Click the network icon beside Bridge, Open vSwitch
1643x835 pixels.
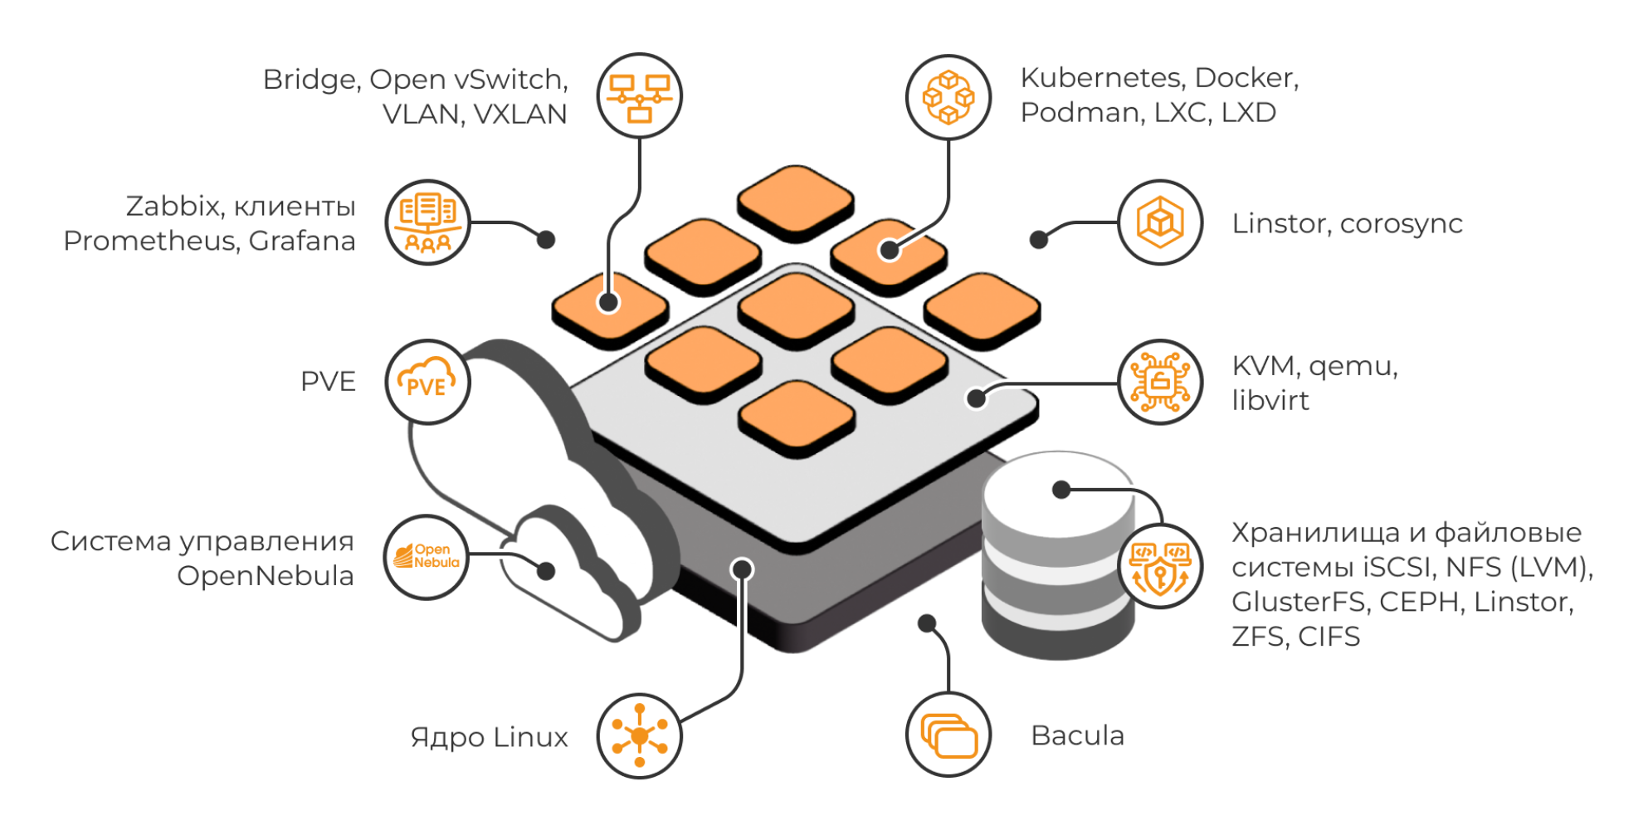click(x=639, y=96)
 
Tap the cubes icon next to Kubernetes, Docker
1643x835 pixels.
click(x=948, y=97)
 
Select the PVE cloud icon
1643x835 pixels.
click(x=428, y=382)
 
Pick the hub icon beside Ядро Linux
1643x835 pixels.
click(x=639, y=736)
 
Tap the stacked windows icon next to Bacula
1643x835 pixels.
click(x=948, y=735)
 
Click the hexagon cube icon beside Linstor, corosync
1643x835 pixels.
click(x=1160, y=222)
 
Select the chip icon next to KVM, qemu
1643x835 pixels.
click(x=1160, y=382)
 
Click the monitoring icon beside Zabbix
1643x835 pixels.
click(x=428, y=222)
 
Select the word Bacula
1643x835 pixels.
click(x=1077, y=735)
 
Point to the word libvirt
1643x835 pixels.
click(x=1270, y=401)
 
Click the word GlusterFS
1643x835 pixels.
click(x=1299, y=602)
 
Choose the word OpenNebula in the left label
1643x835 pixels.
click(x=266, y=576)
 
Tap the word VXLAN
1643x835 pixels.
click(x=520, y=115)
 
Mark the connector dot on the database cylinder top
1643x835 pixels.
click(x=1061, y=490)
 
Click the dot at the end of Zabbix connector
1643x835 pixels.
click(x=546, y=240)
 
